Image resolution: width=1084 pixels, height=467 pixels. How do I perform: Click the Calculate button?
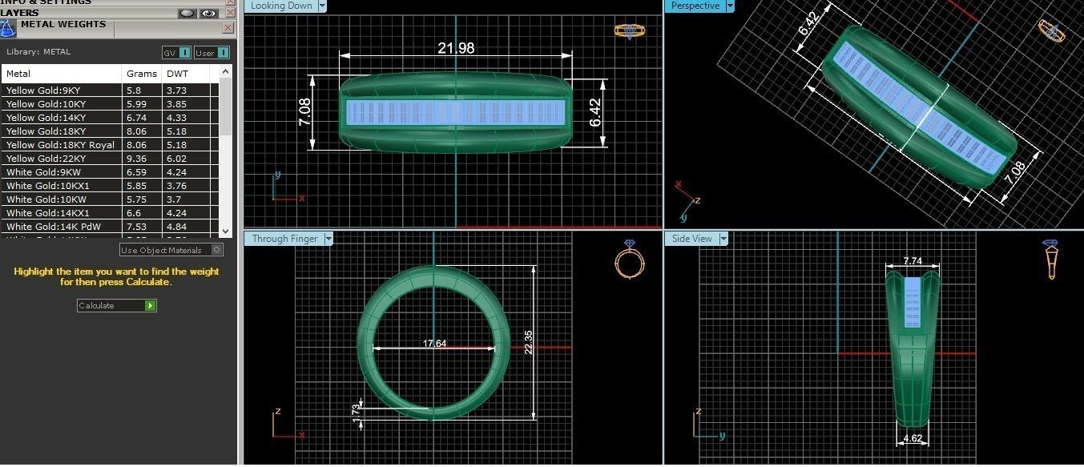(116, 305)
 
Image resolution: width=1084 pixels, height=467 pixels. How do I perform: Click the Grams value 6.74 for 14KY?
(134, 118)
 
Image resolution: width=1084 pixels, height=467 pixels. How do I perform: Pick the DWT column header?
(177, 74)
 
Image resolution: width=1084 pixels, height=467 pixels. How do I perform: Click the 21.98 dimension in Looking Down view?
(455, 48)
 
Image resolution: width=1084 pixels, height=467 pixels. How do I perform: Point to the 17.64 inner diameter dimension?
(434, 344)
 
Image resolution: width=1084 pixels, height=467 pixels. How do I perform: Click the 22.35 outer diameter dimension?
(528, 343)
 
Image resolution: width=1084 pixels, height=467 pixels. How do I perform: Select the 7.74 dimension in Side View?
(912, 261)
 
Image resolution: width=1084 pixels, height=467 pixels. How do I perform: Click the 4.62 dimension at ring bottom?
(913, 439)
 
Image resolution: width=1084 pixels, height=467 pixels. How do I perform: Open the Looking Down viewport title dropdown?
(322, 6)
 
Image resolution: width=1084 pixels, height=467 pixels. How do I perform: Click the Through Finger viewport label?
(284, 239)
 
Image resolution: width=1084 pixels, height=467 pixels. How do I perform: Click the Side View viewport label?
(691, 239)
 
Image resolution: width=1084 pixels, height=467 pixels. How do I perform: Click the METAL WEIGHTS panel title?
(63, 24)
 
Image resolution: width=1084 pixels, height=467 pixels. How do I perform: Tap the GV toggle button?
(176, 53)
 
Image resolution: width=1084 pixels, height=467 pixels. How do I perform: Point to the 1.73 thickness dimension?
(356, 409)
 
